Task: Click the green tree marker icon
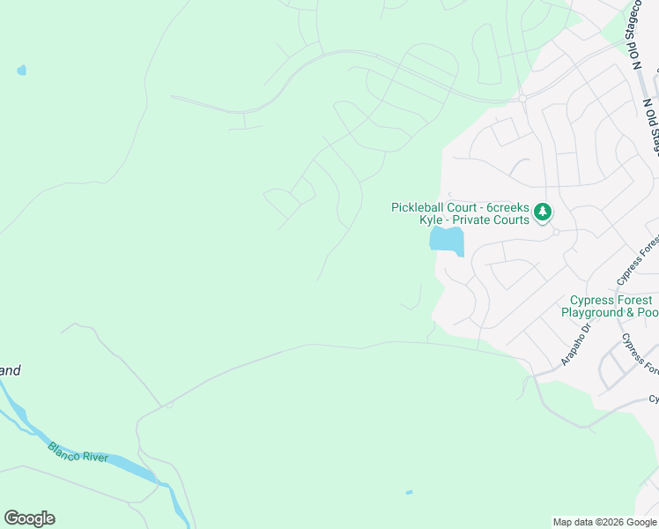click(x=544, y=212)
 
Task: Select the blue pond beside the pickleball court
click(x=446, y=239)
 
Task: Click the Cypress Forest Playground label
click(x=610, y=307)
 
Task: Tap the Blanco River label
click(x=78, y=452)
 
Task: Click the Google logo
click(x=29, y=518)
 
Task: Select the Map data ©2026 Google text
click(x=604, y=522)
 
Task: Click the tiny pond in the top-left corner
click(x=21, y=71)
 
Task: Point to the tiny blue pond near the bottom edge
click(x=409, y=492)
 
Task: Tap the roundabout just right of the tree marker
click(x=556, y=232)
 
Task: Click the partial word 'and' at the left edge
click(x=10, y=370)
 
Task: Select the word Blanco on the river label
click(x=64, y=448)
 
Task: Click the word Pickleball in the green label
click(x=420, y=207)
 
